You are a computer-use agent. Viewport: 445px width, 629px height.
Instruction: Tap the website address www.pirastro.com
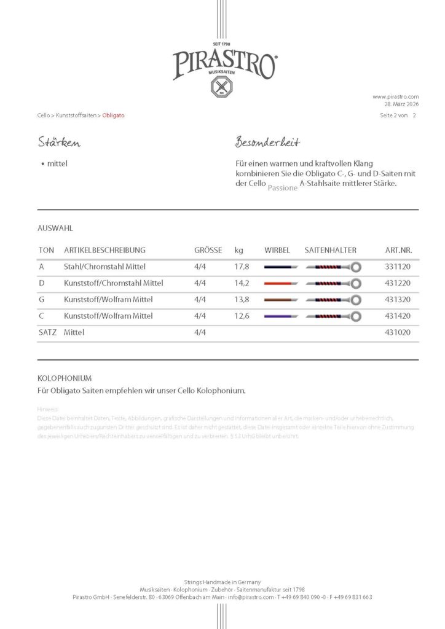[x=395, y=96]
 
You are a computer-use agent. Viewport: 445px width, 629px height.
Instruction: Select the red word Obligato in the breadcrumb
[x=113, y=115]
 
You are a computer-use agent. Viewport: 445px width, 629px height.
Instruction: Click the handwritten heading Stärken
[x=59, y=143]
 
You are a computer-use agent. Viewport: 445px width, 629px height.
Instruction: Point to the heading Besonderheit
[x=267, y=143]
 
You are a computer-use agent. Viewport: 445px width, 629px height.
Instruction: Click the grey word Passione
[x=283, y=187]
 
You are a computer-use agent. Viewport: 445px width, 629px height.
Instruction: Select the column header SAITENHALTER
[x=330, y=251]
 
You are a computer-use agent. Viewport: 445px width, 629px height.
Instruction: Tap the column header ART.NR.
[x=398, y=251]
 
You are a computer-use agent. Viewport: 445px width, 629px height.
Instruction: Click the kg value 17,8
[x=242, y=267]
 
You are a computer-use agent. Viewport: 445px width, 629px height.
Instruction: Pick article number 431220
[x=398, y=283]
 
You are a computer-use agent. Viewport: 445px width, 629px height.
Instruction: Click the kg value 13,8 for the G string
[x=242, y=300]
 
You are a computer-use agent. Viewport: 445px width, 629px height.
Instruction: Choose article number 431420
[x=398, y=316]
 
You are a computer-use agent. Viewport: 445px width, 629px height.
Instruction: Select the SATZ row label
[x=47, y=332]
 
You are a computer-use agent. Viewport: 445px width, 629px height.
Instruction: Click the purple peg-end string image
[x=280, y=316]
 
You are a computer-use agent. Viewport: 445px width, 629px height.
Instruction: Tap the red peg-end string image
[x=280, y=283]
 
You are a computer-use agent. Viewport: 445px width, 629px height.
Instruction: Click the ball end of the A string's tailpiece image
[x=355, y=267]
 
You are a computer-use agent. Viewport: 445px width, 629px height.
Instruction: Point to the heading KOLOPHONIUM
[x=65, y=378]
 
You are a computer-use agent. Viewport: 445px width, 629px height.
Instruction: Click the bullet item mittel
[x=57, y=164]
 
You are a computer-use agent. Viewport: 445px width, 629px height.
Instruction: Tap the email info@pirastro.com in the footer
[x=251, y=597]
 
